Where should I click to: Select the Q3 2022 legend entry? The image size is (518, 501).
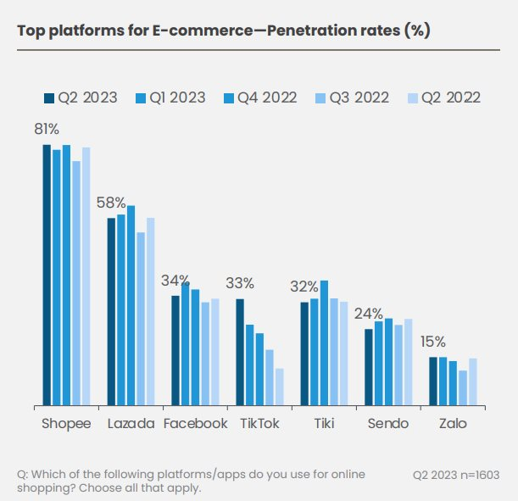[x=354, y=97]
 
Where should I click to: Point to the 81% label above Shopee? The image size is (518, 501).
[x=46, y=129]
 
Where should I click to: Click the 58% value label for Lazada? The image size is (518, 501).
[x=111, y=203]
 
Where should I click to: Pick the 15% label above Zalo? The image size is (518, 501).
[x=433, y=342]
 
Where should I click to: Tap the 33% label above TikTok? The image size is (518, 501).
[x=240, y=283]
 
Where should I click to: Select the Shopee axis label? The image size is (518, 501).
[x=66, y=424]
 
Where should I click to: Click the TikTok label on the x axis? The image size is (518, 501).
[x=259, y=424]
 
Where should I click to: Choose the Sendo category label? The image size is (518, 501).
[x=388, y=424]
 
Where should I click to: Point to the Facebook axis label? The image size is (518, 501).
[x=196, y=424]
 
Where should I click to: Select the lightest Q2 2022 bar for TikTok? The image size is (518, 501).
[x=279, y=387]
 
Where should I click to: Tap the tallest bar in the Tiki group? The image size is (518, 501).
[x=324, y=343]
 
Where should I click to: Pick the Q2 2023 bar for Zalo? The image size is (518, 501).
[x=433, y=381]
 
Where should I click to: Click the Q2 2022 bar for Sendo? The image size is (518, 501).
[x=408, y=362]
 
